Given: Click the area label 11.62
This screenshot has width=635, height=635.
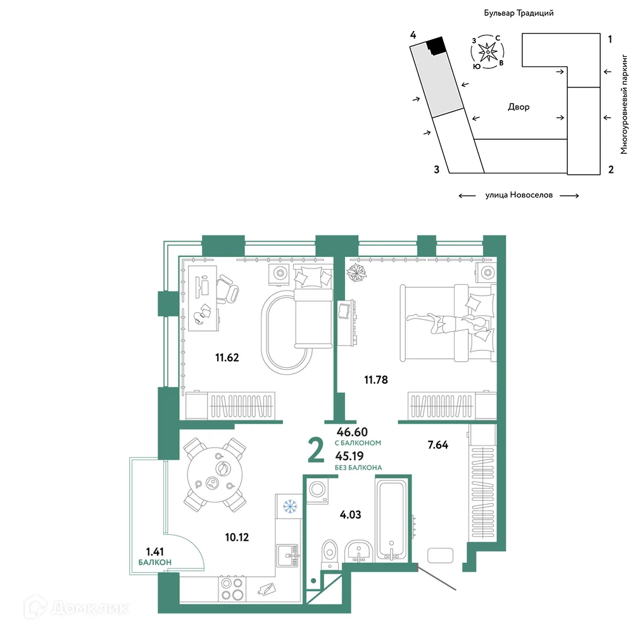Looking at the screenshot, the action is [x=227, y=358].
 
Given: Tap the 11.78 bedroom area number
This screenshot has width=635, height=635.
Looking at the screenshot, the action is [x=376, y=380].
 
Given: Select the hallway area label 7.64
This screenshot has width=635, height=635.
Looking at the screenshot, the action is [x=437, y=444].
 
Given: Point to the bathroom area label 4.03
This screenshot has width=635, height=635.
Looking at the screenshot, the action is [x=350, y=515].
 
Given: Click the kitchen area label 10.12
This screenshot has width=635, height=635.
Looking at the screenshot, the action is [x=237, y=538].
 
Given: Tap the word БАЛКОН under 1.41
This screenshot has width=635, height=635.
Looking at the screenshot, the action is [x=154, y=562].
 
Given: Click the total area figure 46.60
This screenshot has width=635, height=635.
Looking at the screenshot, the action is [x=352, y=432].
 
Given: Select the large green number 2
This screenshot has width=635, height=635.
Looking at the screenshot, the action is [x=316, y=450].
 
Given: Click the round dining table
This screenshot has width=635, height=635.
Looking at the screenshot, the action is [x=215, y=474].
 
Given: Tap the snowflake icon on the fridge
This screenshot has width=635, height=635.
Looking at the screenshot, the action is [x=290, y=506].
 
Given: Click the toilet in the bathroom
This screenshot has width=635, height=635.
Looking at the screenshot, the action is [x=330, y=555].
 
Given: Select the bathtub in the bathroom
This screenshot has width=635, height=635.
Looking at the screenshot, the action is [x=391, y=520].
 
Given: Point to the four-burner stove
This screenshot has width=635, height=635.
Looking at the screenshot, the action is [x=232, y=589].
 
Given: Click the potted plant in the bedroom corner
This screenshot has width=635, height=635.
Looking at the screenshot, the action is [x=356, y=272].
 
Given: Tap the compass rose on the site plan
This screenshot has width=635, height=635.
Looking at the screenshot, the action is [x=487, y=52].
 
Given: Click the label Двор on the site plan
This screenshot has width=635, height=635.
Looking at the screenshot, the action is [x=519, y=107].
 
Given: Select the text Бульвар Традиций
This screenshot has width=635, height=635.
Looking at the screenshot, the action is [x=519, y=13].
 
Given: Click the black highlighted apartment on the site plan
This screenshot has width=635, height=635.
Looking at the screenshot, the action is [x=437, y=46].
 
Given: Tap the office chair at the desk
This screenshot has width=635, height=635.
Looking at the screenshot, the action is [x=227, y=288].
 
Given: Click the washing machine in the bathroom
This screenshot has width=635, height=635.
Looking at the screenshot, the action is [x=317, y=491].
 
